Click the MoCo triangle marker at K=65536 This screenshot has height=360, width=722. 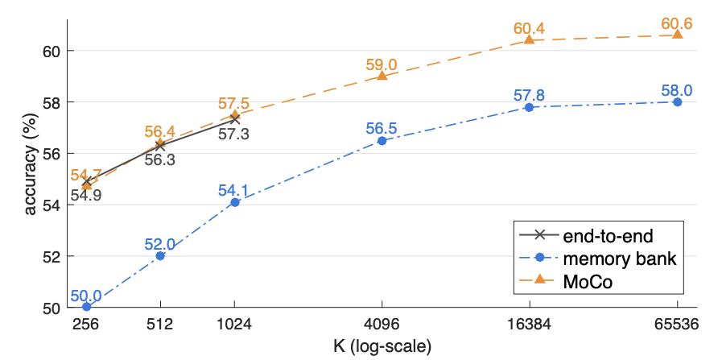(x=677, y=34)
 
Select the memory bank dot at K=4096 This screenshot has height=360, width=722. (x=382, y=141)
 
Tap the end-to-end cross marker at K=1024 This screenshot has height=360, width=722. (x=234, y=119)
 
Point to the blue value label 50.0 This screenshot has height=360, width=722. (x=86, y=295)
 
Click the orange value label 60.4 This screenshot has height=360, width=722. (x=529, y=29)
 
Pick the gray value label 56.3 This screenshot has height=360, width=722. (x=160, y=161)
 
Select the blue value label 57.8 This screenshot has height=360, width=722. (x=529, y=96)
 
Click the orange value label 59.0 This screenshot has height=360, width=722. (x=382, y=64)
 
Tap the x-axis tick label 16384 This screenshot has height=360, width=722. (x=529, y=325)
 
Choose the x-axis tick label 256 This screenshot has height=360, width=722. (x=86, y=325)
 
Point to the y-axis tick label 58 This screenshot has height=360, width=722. (x=54, y=101)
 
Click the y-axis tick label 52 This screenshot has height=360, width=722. (x=54, y=256)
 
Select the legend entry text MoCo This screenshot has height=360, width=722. (x=588, y=282)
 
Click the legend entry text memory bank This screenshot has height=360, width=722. (x=619, y=259)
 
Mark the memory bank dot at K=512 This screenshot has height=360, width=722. (x=160, y=256)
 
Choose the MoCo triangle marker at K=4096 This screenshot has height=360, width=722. (x=382, y=75)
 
